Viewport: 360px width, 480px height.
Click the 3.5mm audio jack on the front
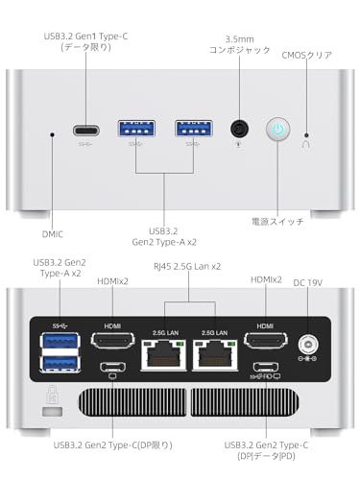[x=240, y=130]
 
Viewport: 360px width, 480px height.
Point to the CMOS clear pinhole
[x=306, y=134]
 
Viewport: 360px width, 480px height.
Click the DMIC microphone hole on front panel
[x=52, y=134]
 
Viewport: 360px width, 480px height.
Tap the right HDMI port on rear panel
[x=265, y=340]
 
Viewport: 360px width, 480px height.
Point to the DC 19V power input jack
[x=310, y=344]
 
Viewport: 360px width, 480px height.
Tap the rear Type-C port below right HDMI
[x=265, y=366]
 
